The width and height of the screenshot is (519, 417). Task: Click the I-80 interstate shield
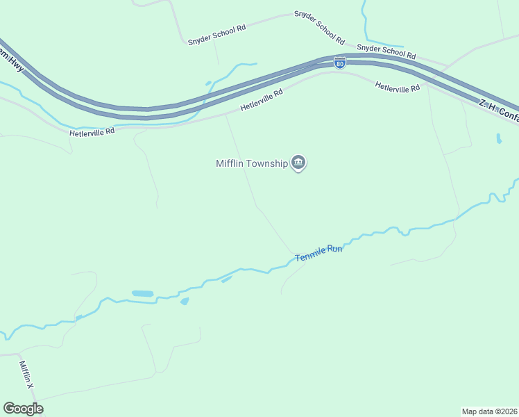point(339,63)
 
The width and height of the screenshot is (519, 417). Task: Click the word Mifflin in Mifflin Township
point(233,164)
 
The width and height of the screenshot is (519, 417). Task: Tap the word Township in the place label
point(270,164)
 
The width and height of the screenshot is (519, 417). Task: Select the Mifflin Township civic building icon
point(298,163)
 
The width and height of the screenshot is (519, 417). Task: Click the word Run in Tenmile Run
point(335,249)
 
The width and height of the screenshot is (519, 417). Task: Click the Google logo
point(23,409)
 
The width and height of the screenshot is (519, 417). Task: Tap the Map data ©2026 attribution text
point(490,411)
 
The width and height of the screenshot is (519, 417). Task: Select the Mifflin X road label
point(26,375)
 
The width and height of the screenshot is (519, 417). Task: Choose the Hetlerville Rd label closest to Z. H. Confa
point(398,88)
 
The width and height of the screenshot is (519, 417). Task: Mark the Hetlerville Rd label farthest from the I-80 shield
point(92,131)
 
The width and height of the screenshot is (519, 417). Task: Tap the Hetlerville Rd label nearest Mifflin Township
point(262,100)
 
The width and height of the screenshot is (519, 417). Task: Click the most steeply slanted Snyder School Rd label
point(319,26)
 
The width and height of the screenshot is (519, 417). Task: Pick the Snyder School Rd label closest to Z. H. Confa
point(386,51)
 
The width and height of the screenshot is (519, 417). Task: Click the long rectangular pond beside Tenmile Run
point(142,294)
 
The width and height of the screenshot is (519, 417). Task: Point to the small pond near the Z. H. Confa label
point(499,138)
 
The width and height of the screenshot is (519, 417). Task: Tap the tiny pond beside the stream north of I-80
point(208,84)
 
